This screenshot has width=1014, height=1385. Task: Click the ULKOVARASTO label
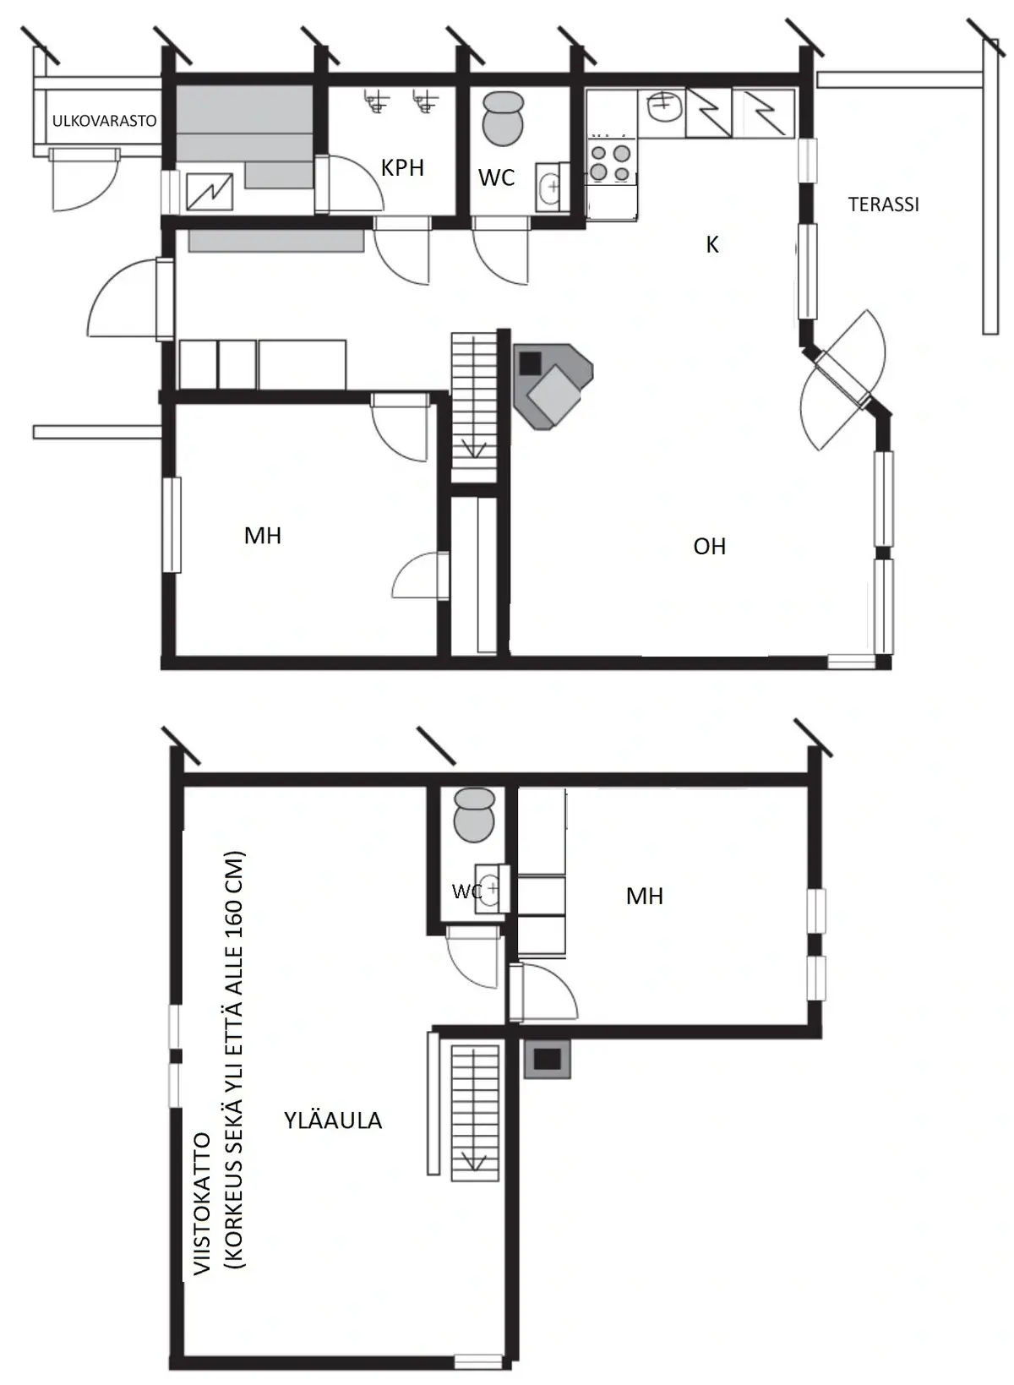pos(105,121)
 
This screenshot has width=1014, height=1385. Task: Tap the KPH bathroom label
pos(402,167)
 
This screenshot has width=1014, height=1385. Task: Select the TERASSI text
pos(884,204)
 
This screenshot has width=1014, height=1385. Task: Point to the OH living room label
pos(709,547)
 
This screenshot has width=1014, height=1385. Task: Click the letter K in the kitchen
pos(712,245)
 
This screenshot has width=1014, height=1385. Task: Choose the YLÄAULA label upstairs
pos(333,1121)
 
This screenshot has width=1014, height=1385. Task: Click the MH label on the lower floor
pos(263,536)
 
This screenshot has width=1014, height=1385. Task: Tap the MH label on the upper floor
pos(644,896)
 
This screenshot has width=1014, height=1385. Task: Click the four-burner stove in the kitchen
pos(609,162)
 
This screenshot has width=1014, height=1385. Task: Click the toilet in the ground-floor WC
pos(502,118)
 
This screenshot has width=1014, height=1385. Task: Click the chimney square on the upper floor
pos(547,1059)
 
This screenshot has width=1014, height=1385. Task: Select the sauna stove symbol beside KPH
pos(210,191)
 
